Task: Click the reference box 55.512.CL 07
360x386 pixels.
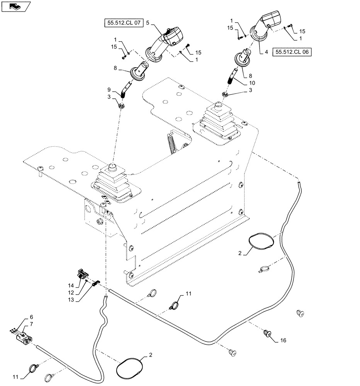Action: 124,23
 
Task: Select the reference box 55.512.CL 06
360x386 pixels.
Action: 292,52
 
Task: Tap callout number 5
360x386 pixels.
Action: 148,23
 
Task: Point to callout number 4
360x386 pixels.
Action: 267,52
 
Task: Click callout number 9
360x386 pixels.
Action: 109,90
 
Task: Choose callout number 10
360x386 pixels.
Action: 252,83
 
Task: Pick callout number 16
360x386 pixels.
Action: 283,340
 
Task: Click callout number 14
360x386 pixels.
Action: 71,286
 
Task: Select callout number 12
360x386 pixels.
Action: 71,293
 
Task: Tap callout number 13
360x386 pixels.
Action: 71,300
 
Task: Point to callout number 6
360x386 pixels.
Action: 31,317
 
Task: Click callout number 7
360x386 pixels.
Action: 31,324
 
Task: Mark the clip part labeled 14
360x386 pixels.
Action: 82,274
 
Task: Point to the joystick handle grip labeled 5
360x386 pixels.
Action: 164,43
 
